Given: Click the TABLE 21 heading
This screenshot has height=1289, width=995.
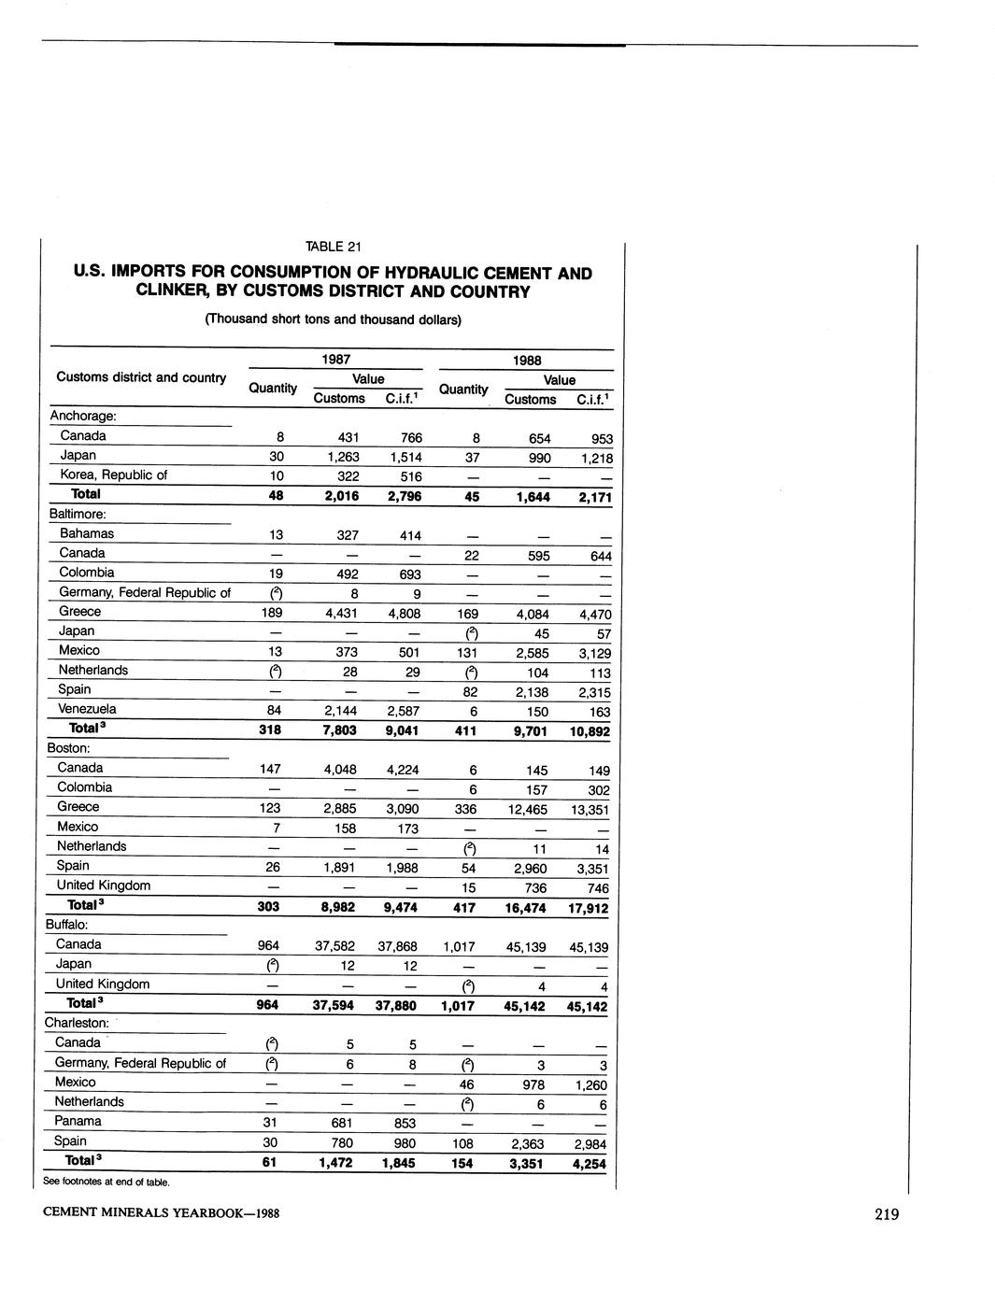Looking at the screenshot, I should pos(333,247).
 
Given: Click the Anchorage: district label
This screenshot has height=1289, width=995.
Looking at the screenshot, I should pos(82,416).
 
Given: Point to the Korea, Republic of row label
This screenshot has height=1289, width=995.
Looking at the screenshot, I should pos(113,475).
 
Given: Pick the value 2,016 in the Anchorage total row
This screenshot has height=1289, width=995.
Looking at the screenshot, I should pos(340,495).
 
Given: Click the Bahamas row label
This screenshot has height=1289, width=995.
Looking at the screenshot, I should pos(87,533).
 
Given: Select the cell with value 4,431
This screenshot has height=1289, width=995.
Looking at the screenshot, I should pos(340,614).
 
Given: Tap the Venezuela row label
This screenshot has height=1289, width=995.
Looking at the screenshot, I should pos(88,709).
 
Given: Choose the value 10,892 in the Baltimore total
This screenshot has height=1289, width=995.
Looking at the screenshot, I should pos(589,731).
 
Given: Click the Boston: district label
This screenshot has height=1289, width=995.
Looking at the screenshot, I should pos(68,748).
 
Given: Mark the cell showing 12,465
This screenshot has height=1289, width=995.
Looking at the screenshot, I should pos(527,809).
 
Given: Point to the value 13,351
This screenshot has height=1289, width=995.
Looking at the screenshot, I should pos(589,810).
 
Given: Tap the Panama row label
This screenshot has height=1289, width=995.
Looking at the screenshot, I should pos(78,1121).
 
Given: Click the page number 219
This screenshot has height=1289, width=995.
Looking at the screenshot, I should pos(887,1214).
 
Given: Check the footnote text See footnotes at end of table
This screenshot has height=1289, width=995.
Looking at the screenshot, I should pos(107,1182).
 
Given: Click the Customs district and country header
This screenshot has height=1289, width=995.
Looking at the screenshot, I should pos(141,377).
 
